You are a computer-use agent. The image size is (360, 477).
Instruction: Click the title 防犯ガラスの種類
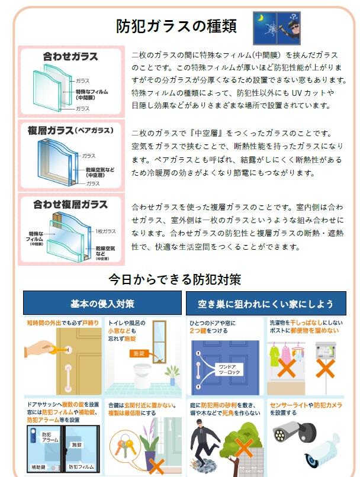(176, 26)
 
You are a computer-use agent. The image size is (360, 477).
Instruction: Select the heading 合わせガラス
(70, 56)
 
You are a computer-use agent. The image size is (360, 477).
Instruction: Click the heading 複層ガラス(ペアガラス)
(70, 131)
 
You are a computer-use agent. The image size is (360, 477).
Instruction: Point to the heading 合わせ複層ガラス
(70, 204)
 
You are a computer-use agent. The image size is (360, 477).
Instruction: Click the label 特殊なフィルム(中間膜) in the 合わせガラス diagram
(92, 95)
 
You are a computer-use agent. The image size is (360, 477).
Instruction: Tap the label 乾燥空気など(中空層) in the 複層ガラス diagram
(100, 172)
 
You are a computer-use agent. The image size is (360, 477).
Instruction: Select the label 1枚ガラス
(105, 231)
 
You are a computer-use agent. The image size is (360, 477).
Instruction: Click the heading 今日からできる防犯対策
(175, 279)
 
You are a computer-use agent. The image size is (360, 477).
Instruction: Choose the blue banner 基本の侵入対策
(102, 303)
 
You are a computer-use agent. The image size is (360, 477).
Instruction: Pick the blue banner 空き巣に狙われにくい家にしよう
(266, 303)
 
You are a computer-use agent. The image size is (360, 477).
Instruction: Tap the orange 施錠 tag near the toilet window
(139, 353)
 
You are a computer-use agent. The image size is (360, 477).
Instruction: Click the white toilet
(142, 376)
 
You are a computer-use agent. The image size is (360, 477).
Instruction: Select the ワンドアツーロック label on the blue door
(229, 370)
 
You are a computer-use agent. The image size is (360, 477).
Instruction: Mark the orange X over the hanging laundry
(287, 368)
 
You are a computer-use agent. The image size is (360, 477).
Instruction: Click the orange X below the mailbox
(325, 368)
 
